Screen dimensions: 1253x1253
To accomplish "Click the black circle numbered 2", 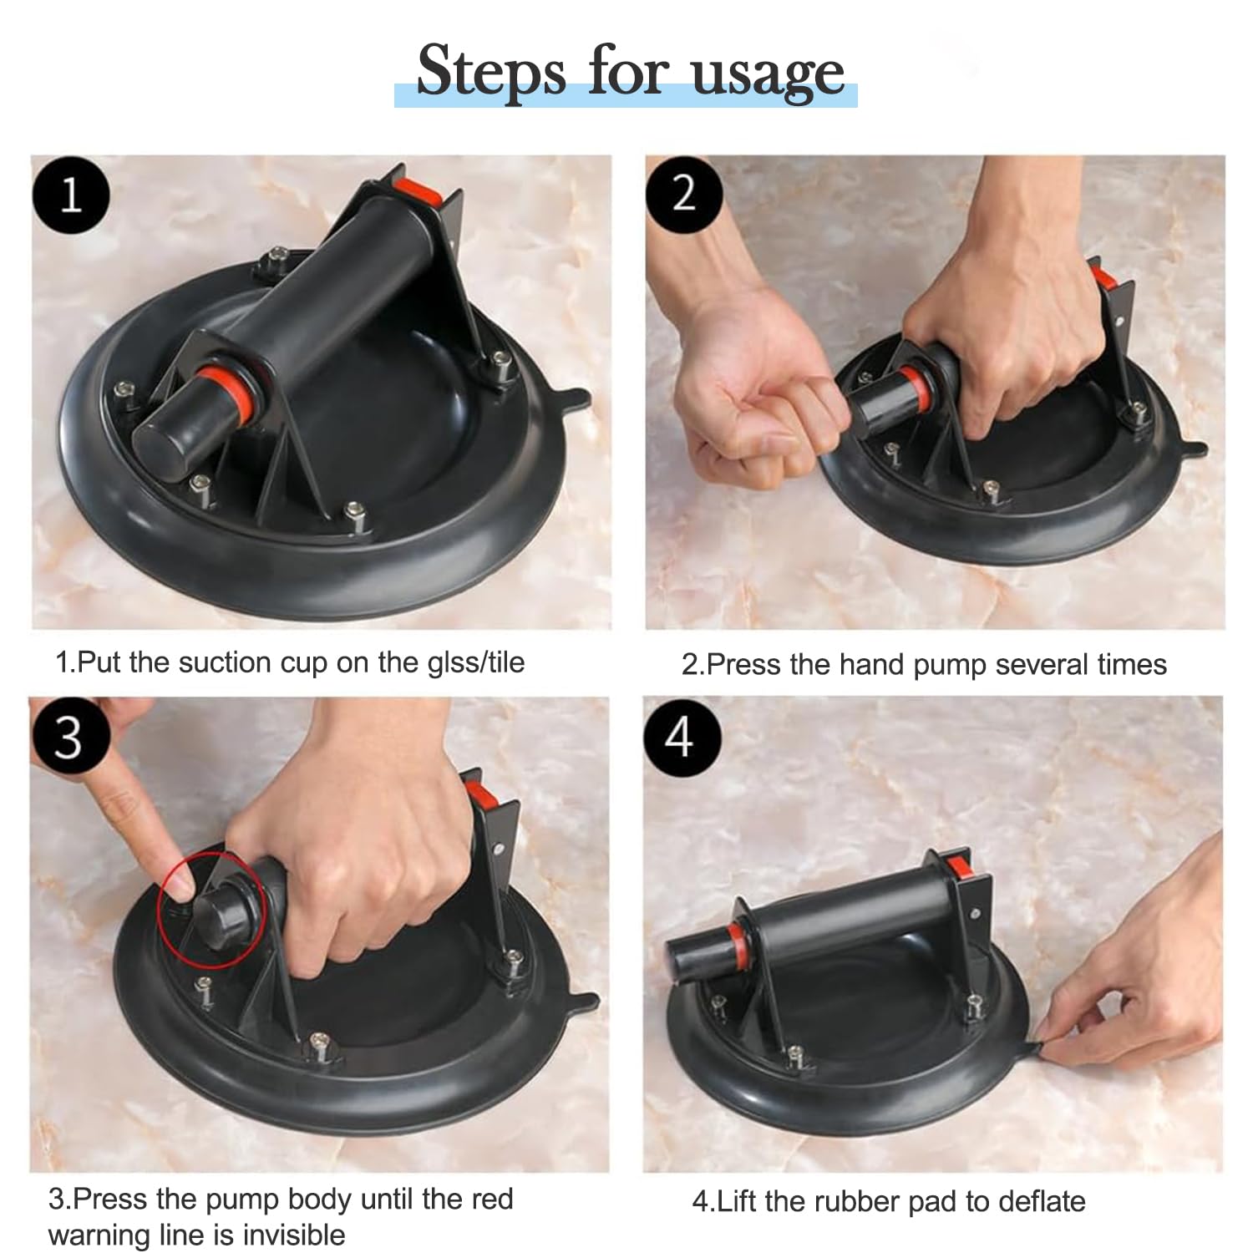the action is [x=684, y=194].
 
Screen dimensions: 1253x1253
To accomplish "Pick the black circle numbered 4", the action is [x=681, y=737].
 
